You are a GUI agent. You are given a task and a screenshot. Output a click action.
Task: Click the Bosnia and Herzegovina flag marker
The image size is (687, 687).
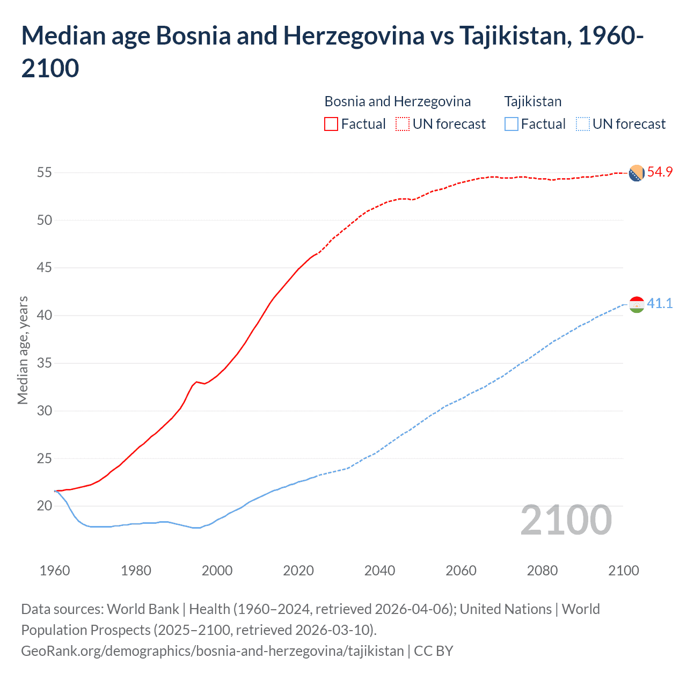(x=636, y=173)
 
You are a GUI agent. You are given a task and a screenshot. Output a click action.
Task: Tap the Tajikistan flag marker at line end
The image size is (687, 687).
(x=636, y=305)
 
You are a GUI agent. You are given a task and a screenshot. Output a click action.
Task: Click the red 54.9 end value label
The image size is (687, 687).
(x=660, y=172)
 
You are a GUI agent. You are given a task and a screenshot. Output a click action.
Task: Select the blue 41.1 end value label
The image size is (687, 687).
(x=660, y=304)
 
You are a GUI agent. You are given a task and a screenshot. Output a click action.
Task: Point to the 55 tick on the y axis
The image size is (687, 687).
(x=45, y=173)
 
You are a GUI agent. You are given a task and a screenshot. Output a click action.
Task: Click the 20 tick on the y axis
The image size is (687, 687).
(x=45, y=506)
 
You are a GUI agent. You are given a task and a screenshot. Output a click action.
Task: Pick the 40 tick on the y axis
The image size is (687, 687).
(x=45, y=316)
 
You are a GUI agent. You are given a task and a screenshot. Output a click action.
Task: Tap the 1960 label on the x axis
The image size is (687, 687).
(x=55, y=571)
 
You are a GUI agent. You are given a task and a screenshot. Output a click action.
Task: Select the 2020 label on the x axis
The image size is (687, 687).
(x=298, y=571)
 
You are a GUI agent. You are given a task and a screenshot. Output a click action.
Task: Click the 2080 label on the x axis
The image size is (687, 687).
(x=542, y=571)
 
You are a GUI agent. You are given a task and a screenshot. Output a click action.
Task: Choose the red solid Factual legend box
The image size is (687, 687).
(x=331, y=125)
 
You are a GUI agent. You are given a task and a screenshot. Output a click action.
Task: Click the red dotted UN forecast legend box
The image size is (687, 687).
(x=403, y=125)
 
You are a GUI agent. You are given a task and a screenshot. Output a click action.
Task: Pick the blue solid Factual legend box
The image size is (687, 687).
(x=511, y=125)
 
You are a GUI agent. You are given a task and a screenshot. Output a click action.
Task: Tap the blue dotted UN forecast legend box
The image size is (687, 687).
(x=582, y=125)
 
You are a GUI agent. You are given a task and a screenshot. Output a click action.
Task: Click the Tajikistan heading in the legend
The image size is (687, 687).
(x=532, y=101)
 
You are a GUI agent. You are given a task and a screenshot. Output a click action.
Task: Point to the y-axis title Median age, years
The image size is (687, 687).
(x=23, y=350)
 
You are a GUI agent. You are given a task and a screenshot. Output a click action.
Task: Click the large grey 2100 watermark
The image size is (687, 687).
(x=566, y=520)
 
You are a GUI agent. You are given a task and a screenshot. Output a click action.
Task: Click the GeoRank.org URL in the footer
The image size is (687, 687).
(x=213, y=651)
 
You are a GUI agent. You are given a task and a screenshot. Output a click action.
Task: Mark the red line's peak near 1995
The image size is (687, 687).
(x=196, y=382)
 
